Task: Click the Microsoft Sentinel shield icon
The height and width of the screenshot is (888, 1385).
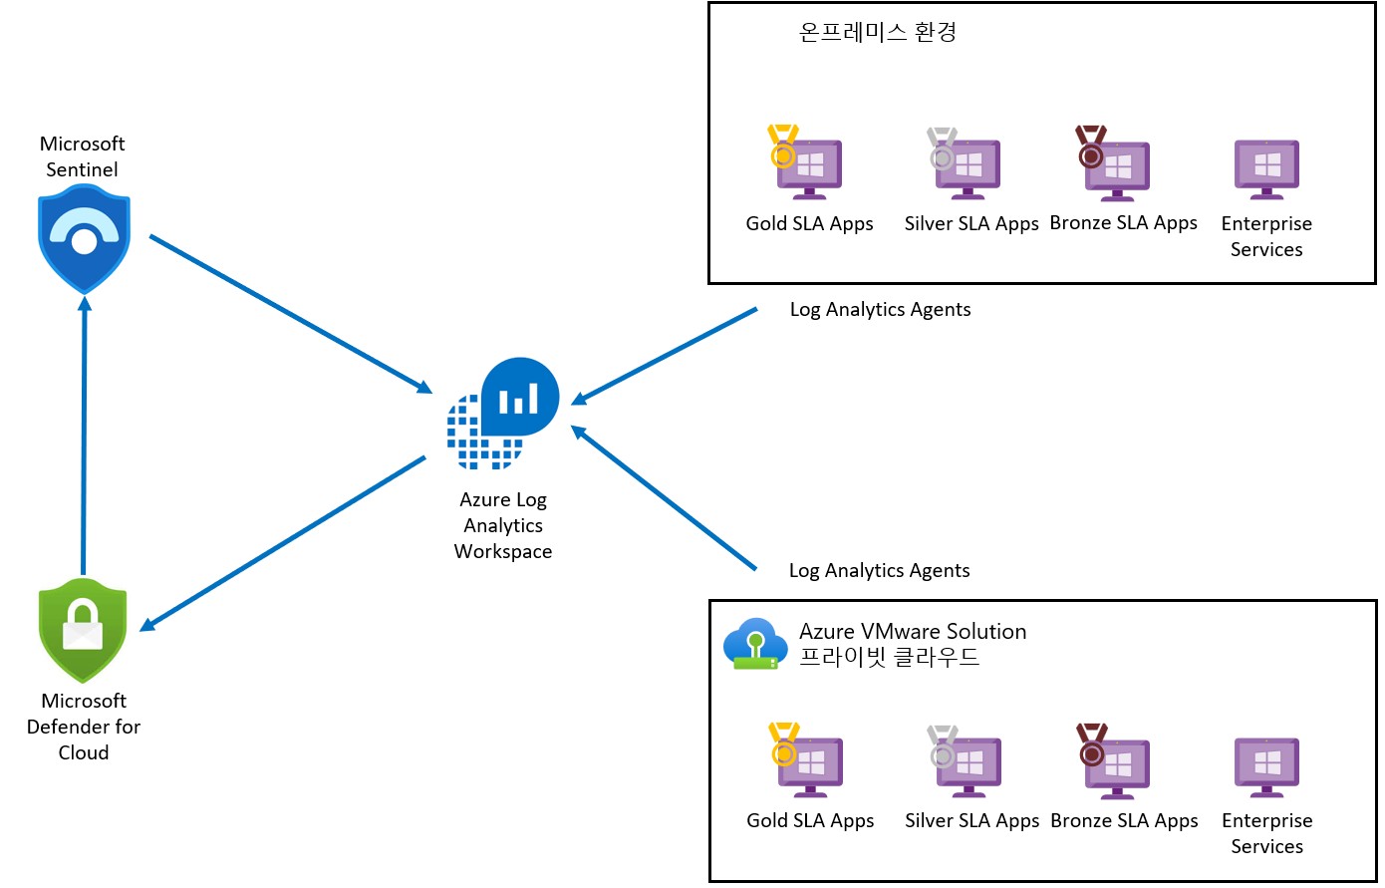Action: click(84, 242)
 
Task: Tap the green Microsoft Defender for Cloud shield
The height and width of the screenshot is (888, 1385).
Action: click(83, 630)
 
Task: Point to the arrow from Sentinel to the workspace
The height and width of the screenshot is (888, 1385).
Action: click(289, 313)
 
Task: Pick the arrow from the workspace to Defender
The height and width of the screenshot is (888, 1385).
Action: click(284, 543)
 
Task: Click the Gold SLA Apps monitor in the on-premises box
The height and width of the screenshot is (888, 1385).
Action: click(808, 165)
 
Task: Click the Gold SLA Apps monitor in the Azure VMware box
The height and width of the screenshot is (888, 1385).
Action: click(809, 763)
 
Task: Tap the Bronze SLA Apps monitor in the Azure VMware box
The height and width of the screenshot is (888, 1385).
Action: click(1116, 763)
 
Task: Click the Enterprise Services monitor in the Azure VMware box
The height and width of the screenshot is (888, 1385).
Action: click(1266, 765)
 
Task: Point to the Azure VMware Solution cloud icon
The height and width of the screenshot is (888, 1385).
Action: click(752, 644)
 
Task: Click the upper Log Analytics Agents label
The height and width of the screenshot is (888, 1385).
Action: click(880, 309)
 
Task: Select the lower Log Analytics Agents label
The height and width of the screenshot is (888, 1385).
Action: click(879, 570)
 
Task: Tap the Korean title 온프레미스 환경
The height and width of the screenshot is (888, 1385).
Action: click(877, 32)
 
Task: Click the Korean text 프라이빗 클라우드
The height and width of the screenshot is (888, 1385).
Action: click(889, 657)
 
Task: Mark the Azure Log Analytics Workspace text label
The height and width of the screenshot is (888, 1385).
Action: click(503, 525)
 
